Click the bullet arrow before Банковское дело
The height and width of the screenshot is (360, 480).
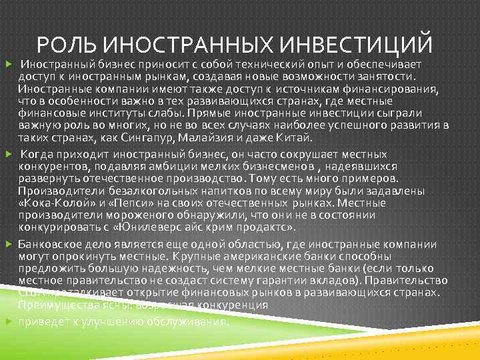(x=8, y=244)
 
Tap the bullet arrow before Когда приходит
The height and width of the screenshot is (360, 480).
(x=8, y=154)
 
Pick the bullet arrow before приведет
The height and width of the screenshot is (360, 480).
(x=8, y=321)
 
